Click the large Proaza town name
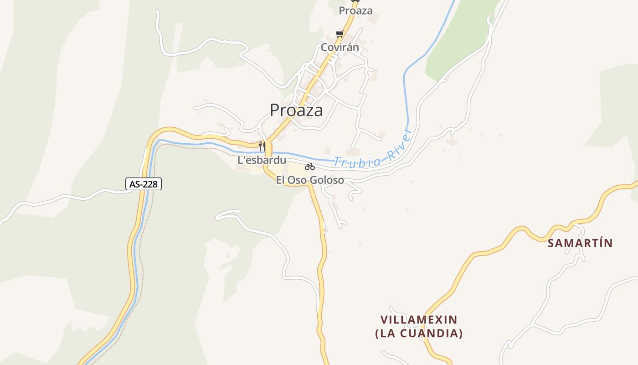click(x=296, y=110)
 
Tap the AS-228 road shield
click(x=144, y=184)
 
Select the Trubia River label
click(x=373, y=151)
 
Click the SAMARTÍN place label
click(x=580, y=243)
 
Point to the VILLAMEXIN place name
click(x=419, y=319)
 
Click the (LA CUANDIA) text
click(x=419, y=334)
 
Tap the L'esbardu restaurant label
click(x=262, y=160)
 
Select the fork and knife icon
click(x=262, y=146)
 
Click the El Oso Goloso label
click(x=310, y=180)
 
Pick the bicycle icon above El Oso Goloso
click(x=310, y=167)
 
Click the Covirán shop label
click(x=340, y=47)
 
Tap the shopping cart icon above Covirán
click(x=339, y=34)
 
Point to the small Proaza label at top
click(x=356, y=10)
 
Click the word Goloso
click(x=327, y=180)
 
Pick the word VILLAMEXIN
click(x=419, y=319)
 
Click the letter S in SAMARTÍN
click(x=551, y=243)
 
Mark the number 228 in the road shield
click(x=150, y=184)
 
